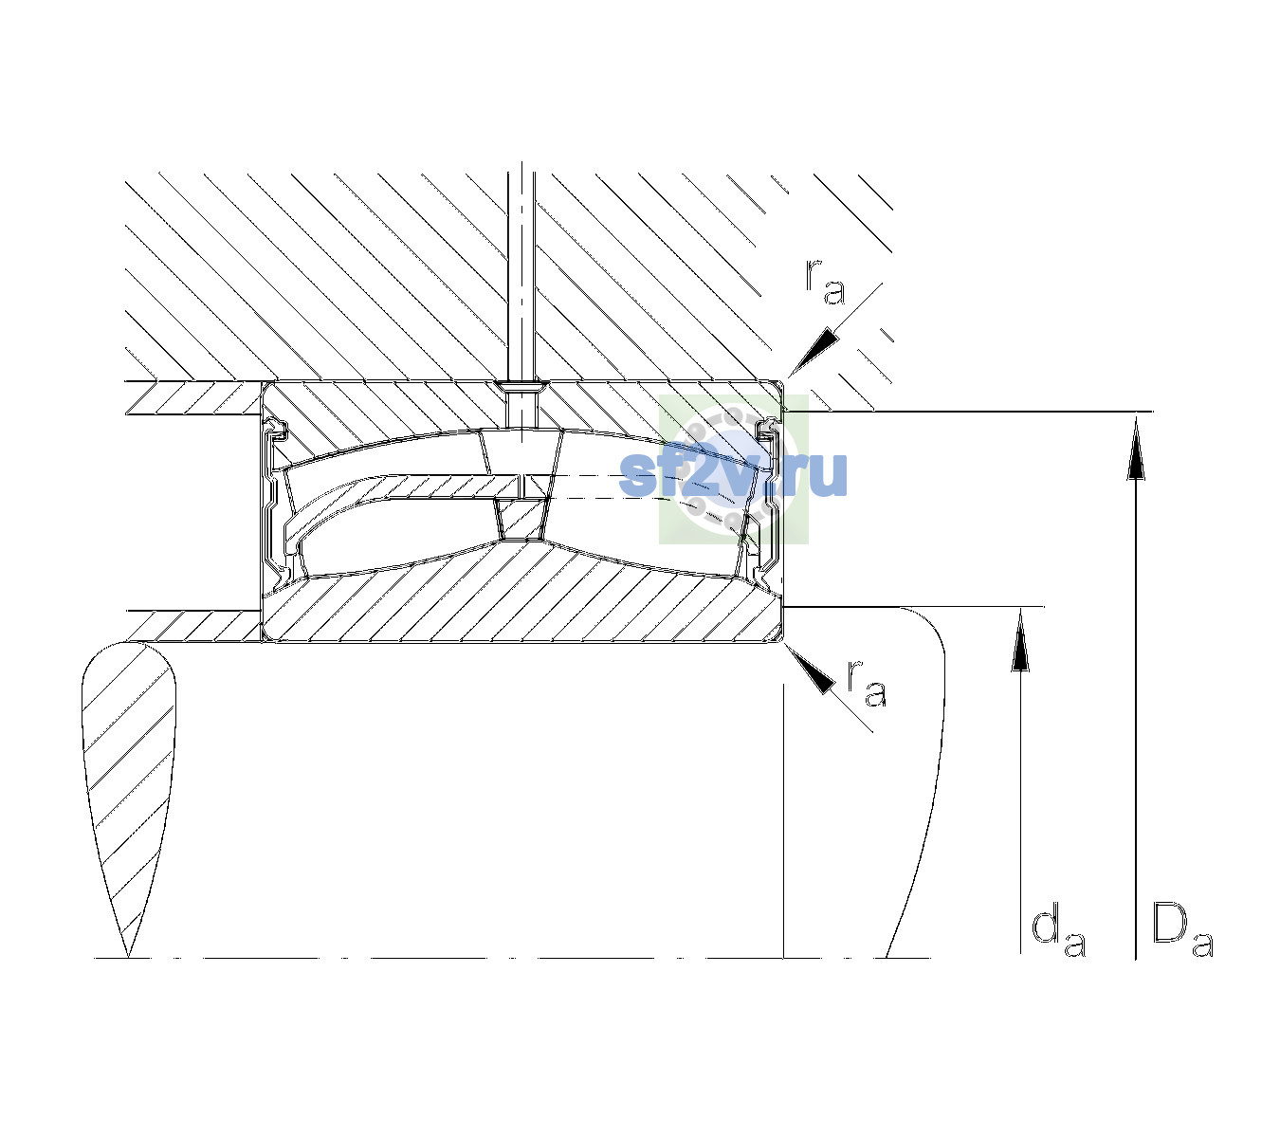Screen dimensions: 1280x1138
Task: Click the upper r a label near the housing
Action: [825, 282]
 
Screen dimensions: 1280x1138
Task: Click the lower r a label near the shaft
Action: [867, 683]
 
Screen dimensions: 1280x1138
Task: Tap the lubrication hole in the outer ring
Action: [521, 404]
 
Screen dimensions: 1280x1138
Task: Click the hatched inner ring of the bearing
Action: [521, 594]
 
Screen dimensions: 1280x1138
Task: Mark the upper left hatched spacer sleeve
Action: [193, 397]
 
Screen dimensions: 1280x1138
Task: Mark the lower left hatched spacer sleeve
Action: [193, 626]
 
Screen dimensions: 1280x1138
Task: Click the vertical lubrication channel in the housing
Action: [521, 272]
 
